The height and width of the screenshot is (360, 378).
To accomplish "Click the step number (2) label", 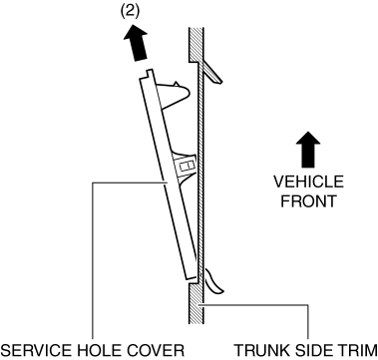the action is point(130,12).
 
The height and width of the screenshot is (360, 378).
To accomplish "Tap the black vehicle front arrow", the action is point(308,150).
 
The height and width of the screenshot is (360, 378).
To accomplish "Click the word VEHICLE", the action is point(308,182).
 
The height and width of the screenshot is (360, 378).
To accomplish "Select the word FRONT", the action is point(308,201).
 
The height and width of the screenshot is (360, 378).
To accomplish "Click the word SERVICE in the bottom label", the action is point(36,351).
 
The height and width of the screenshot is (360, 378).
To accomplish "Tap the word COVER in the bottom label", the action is point(158,351).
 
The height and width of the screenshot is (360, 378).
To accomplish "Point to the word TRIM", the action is point(358,351).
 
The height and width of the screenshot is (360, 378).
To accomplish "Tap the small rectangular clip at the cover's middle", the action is point(185,166).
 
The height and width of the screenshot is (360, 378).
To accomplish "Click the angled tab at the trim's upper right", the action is point(211,72).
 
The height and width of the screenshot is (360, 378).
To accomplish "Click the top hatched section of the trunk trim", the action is point(196,45).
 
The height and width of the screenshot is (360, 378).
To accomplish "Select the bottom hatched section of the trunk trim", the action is point(196,303).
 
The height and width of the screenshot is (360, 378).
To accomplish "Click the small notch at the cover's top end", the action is point(150,73).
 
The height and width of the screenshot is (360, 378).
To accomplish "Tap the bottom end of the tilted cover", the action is point(191,277).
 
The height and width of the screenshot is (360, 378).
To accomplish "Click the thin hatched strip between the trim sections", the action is point(200,173).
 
